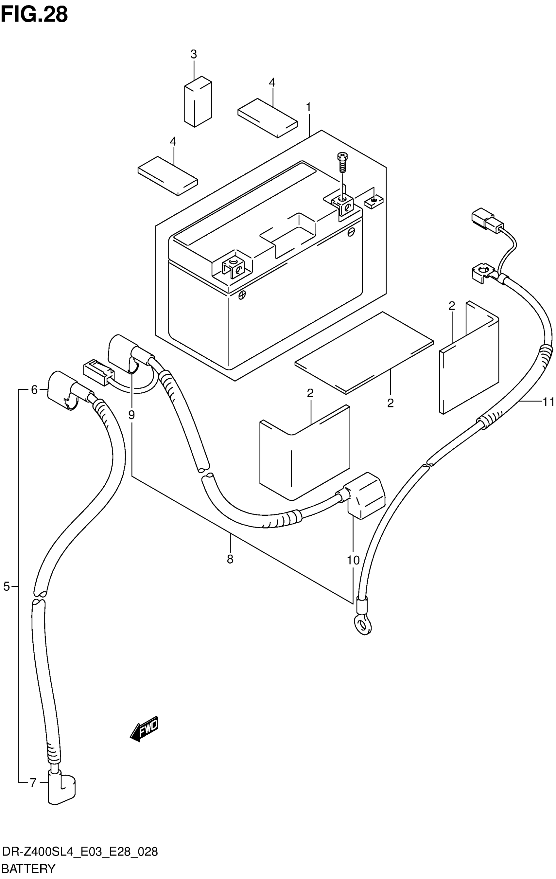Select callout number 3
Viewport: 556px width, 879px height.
click(193, 54)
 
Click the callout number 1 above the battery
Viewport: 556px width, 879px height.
click(309, 107)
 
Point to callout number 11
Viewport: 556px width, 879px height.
click(548, 402)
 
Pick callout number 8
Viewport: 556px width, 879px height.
click(230, 559)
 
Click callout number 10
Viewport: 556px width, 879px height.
click(353, 560)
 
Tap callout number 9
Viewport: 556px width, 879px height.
click(131, 415)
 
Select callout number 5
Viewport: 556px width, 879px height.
click(7, 587)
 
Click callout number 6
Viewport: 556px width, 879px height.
click(34, 390)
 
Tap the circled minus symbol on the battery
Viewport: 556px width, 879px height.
click(351, 231)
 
